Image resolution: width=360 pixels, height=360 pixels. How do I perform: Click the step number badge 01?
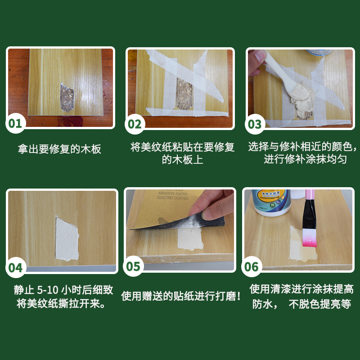coord(15,123)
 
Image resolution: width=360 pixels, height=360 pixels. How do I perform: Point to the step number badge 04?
coord(15,267)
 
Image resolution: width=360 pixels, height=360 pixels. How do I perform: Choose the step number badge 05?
coord(134,266)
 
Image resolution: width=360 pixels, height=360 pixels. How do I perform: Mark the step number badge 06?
coord(252,267)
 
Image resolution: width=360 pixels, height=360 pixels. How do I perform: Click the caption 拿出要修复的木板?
coord(59,149)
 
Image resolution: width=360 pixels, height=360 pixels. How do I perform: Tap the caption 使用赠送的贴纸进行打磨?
coord(181,296)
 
